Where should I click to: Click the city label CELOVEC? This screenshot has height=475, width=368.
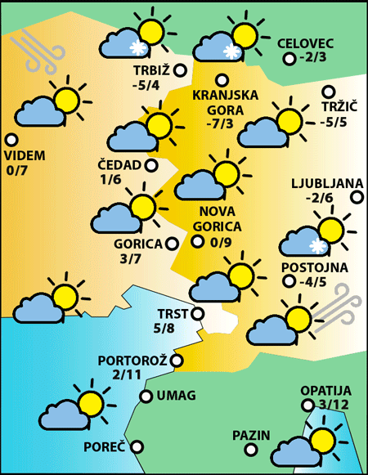307,43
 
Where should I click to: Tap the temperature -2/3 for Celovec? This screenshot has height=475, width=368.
313,58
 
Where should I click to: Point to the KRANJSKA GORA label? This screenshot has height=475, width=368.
225,102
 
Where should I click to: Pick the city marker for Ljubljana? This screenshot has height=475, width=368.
357,196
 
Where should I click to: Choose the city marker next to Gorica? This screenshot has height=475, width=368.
172,243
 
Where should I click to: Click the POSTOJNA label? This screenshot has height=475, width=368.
315,267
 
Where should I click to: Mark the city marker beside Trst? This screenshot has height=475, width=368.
197,313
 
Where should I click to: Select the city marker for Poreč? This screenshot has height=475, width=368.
137,446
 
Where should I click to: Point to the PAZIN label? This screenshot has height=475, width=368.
250,434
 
